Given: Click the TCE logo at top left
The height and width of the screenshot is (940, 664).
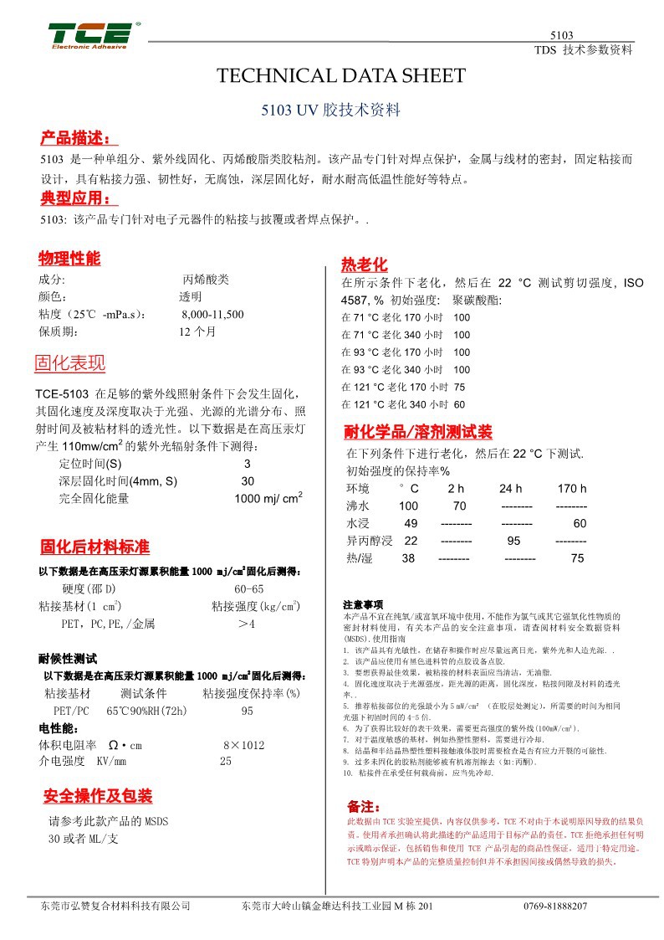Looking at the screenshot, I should [89, 35].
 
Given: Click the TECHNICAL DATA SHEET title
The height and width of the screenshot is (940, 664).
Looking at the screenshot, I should [340, 76].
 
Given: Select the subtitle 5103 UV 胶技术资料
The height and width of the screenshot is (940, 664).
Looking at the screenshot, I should [331, 110].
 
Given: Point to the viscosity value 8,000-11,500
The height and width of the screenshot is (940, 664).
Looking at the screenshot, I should [212, 315].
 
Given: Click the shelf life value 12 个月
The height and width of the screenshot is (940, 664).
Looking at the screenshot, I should [197, 331].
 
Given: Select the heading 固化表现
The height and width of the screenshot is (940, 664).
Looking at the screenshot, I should [69, 363].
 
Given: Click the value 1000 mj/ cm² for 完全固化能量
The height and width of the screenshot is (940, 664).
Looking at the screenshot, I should [268, 499].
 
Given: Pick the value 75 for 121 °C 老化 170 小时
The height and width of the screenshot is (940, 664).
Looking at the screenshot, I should [459, 388].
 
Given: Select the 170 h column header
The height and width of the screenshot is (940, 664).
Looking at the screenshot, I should [572, 489].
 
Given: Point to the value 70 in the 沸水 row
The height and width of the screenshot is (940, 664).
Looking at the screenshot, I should [459, 506].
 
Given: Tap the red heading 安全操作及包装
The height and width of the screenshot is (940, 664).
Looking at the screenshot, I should [98, 796].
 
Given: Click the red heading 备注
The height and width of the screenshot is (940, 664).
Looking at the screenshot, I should [364, 807].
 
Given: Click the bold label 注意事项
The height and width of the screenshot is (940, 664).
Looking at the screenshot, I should [363, 604].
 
